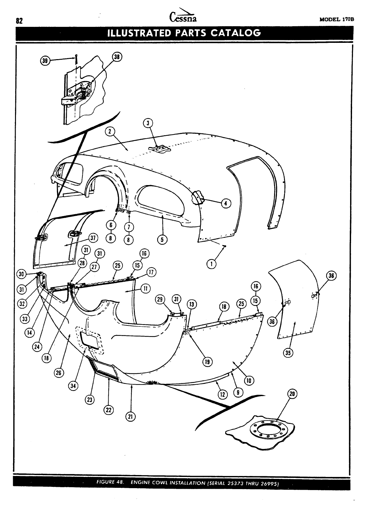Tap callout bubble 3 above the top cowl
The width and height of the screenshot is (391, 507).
pyautogui.click(x=148, y=123)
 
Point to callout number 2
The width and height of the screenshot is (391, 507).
pyautogui.click(x=110, y=132)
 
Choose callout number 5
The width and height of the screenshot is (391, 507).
pyautogui.click(x=162, y=239)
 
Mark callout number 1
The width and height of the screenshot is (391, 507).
pyautogui.click(x=211, y=264)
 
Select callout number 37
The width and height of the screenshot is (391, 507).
pyautogui.click(x=93, y=238)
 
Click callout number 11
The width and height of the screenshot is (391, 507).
pyautogui.click(x=145, y=288)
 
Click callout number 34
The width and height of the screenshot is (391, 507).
pyautogui.click(x=73, y=386)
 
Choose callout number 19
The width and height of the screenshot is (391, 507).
pyautogui.click(x=208, y=362)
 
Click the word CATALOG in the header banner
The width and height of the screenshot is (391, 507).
pyautogui.click(x=235, y=33)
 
